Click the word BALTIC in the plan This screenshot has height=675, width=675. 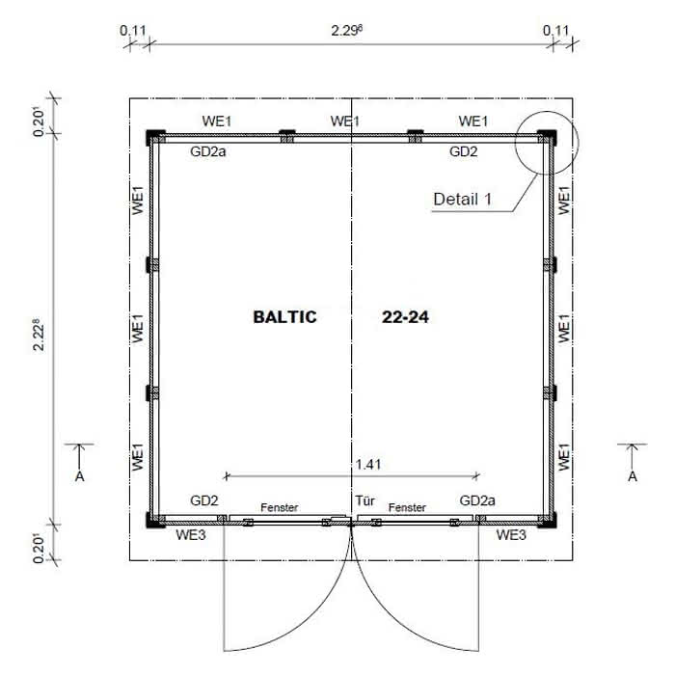(285, 317)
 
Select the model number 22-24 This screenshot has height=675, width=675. (406, 317)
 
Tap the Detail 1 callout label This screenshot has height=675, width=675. (462, 199)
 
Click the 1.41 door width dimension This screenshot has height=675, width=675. (368, 465)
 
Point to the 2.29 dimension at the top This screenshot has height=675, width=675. (346, 31)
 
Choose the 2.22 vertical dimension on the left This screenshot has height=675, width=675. (39, 335)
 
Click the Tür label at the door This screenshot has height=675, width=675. (364, 500)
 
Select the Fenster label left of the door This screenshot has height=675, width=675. (279, 507)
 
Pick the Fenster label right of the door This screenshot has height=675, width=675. (407, 507)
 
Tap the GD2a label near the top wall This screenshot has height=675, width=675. (208, 151)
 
